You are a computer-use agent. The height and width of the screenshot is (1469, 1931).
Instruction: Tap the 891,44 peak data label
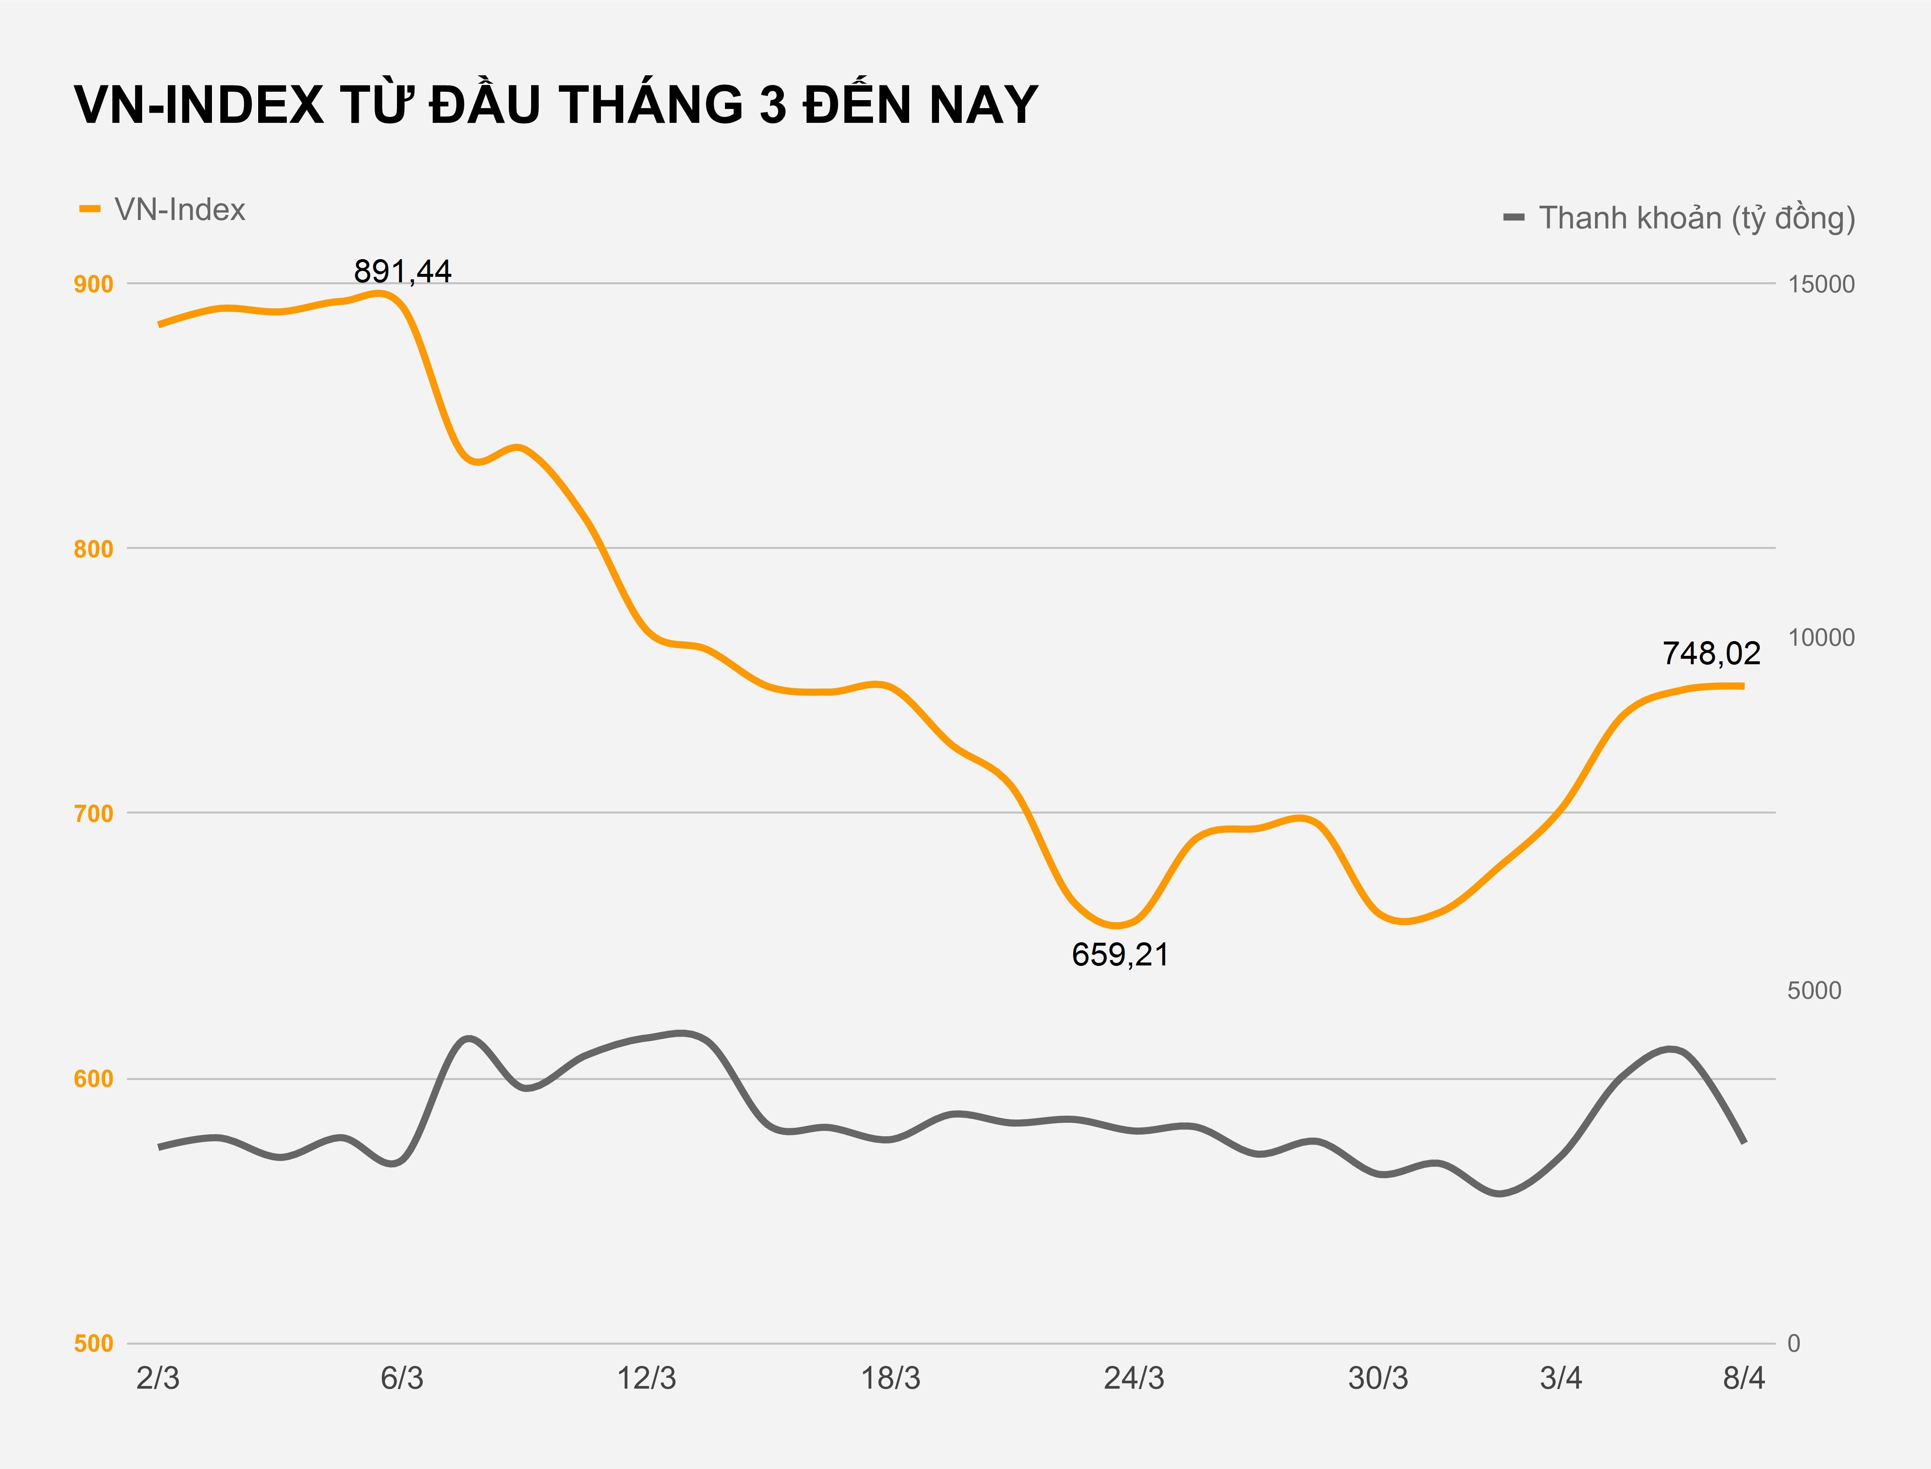pyautogui.click(x=402, y=272)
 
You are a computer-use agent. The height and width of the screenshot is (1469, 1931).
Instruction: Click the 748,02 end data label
pyautogui.click(x=1711, y=653)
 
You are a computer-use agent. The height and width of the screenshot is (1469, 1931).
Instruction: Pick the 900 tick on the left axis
pyautogui.click(x=93, y=284)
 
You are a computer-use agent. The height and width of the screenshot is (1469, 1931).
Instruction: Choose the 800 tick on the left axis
pyautogui.click(x=93, y=549)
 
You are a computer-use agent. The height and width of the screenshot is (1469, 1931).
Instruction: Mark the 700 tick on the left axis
pyautogui.click(x=93, y=814)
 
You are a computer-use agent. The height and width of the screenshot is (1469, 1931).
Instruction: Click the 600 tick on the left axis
pyautogui.click(x=93, y=1079)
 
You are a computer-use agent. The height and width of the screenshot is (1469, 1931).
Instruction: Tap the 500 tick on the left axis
pyautogui.click(x=93, y=1344)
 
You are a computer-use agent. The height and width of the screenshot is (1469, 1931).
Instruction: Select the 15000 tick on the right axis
pyautogui.click(x=1821, y=284)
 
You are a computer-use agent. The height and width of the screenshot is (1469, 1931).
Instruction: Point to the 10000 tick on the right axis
pyautogui.click(x=1821, y=637)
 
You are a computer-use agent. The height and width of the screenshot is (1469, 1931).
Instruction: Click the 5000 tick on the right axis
pyautogui.click(x=1814, y=991)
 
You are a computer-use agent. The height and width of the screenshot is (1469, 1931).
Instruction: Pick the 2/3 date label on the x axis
pyautogui.click(x=158, y=1379)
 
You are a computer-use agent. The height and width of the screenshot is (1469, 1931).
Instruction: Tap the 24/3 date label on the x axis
pyautogui.click(x=1134, y=1379)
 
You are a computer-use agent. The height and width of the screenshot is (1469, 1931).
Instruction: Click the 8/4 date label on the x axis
pyautogui.click(x=1743, y=1379)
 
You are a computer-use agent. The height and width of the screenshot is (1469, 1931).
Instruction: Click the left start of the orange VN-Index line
pyautogui.click(x=159, y=324)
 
